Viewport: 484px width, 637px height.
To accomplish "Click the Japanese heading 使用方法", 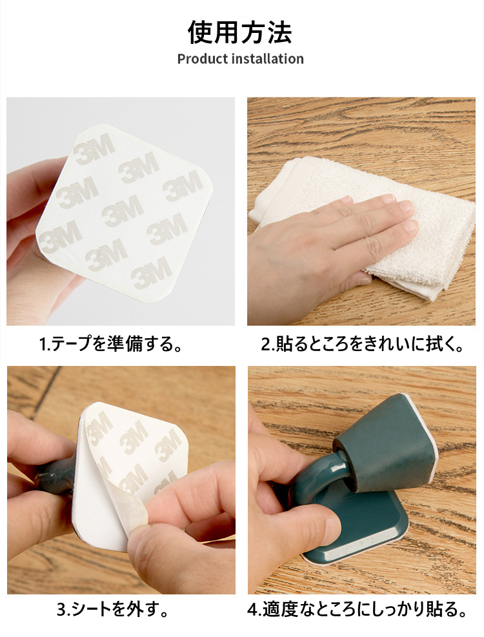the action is [x=240, y=32].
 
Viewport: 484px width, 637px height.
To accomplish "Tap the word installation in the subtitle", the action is [x=267, y=59].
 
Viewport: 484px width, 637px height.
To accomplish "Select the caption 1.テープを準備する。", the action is [x=110, y=345].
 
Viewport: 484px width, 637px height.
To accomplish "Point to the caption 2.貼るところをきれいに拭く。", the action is [x=362, y=345].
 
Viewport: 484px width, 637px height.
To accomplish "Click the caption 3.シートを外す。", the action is [x=112, y=609].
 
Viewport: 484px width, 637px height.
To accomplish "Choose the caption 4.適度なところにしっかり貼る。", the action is [x=358, y=609].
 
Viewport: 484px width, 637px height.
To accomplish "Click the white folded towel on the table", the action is [x=366, y=227].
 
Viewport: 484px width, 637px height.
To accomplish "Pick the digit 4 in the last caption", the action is [x=252, y=610].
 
